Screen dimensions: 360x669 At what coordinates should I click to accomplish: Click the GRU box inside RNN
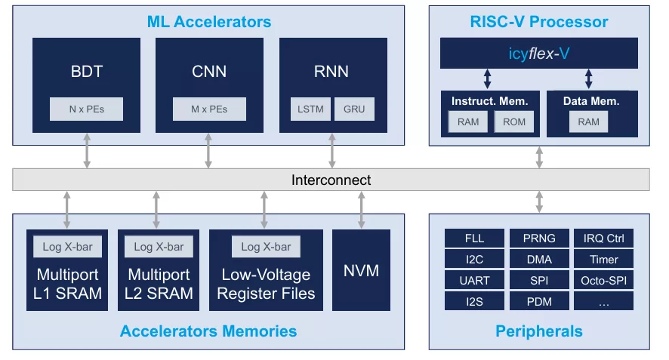353,109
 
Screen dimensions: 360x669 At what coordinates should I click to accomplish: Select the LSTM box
310,109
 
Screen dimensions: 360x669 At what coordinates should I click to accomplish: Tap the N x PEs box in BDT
86,109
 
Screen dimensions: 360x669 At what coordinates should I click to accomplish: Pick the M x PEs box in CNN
209,109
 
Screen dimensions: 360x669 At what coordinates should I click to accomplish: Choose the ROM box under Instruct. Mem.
513,122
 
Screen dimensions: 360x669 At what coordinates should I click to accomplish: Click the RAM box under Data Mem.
588,122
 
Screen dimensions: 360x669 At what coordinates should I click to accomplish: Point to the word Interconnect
331,180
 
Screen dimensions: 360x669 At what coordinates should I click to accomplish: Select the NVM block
362,269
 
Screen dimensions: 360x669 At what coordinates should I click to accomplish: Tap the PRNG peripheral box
539,238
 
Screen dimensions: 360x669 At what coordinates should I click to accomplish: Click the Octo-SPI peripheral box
603,281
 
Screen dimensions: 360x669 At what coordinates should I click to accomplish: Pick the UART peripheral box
474,281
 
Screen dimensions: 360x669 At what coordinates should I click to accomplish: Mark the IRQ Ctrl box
603,238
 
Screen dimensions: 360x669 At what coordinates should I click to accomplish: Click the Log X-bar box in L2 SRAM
159,247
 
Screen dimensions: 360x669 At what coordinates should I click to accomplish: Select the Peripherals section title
538,331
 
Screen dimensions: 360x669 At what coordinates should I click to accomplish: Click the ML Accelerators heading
209,21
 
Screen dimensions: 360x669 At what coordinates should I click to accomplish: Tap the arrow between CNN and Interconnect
209,151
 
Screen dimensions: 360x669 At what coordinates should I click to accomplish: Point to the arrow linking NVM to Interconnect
362,210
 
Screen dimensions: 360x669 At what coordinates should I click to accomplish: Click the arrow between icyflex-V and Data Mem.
590,78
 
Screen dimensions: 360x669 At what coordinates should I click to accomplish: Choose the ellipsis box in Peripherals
603,302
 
